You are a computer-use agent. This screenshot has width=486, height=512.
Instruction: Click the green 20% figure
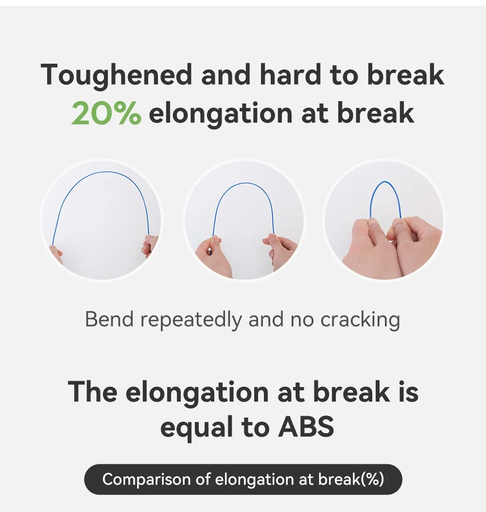click(x=106, y=113)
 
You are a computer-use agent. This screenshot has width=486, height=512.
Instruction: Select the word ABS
click(x=306, y=426)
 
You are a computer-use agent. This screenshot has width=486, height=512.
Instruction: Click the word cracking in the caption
click(x=360, y=320)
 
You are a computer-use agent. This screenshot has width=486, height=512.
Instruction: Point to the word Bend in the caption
click(x=109, y=318)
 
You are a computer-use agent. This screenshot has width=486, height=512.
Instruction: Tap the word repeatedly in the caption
click(x=191, y=320)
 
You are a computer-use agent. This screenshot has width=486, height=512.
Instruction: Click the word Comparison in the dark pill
click(x=147, y=479)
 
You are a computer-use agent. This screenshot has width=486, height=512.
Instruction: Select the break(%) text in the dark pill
click(x=351, y=479)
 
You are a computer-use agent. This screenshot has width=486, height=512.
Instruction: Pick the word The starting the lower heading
click(x=93, y=391)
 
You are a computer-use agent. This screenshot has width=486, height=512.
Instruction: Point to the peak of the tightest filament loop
click(x=385, y=182)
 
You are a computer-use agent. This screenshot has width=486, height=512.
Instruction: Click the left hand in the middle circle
click(x=213, y=258)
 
